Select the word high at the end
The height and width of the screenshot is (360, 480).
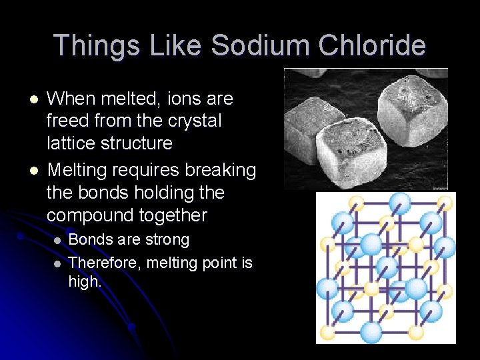point(84,281)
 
